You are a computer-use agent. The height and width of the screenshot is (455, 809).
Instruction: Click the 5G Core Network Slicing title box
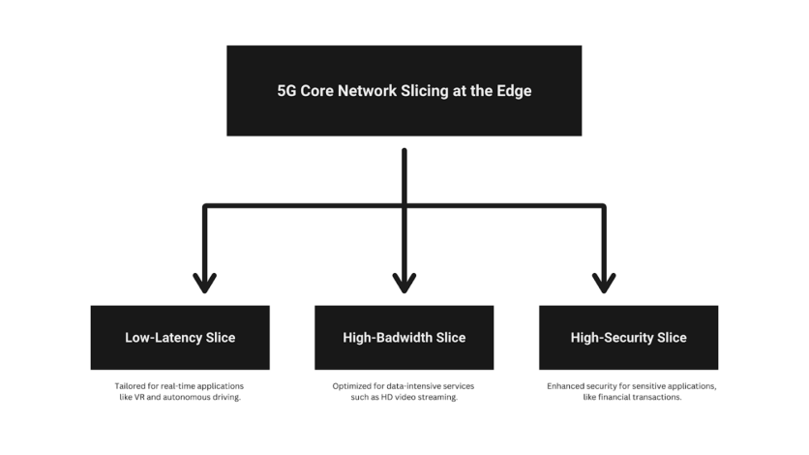coord(404,91)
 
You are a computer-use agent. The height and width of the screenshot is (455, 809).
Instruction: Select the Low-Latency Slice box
coord(180,338)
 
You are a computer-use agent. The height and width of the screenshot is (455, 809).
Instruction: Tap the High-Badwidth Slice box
coord(404,338)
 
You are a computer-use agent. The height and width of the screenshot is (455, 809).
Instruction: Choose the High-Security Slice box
coord(628,338)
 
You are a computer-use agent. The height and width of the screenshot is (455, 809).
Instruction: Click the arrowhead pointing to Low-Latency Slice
coord(205,284)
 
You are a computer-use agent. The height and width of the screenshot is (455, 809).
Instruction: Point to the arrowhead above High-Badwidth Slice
coord(404,284)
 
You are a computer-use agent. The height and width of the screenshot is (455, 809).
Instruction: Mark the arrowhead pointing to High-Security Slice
coord(604,284)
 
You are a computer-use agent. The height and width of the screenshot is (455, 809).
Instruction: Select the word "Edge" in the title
coord(514,91)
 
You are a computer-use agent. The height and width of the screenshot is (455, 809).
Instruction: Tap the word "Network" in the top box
coord(367,91)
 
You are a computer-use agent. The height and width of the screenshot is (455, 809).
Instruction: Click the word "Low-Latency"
coord(164,338)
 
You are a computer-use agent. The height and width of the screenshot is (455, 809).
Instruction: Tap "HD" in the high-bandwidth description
coord(386,397)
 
